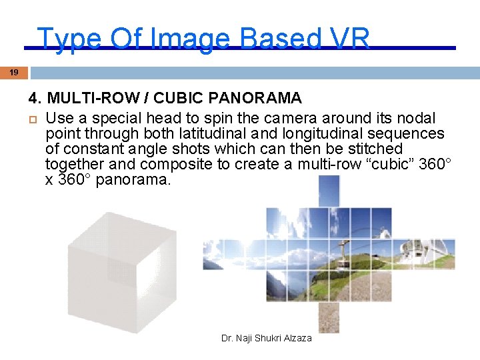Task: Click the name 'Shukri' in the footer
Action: [265, 339]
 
